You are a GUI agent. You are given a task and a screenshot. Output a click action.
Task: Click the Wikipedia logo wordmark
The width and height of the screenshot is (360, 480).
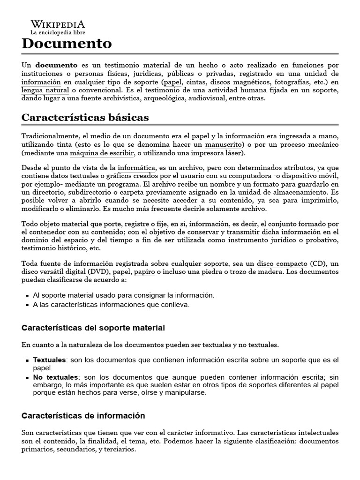58,24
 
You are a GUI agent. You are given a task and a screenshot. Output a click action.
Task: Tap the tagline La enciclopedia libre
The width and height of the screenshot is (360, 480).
58,33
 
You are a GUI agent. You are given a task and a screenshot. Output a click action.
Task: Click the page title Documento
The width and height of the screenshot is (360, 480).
67,44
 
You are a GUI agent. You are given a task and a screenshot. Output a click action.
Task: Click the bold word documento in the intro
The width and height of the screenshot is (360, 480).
57,65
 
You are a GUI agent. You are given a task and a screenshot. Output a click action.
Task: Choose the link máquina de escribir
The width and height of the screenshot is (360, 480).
102,153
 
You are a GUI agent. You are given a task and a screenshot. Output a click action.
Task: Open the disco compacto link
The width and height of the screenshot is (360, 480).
282,263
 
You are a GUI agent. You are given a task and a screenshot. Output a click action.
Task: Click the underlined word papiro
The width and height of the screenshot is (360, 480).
144,272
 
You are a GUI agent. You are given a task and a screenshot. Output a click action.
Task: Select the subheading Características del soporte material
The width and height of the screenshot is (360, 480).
93,327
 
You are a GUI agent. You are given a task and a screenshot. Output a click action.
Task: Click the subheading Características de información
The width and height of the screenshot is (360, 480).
83,416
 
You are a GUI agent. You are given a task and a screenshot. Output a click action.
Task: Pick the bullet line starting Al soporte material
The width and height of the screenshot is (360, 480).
123,295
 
